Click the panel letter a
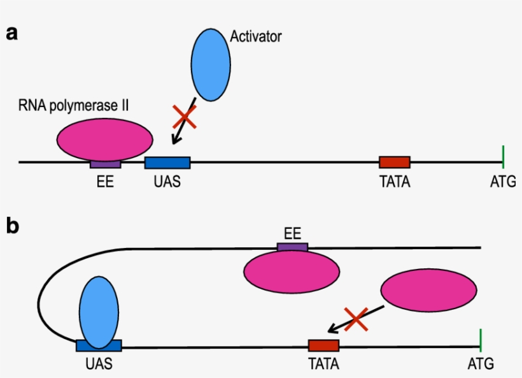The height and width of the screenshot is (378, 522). [x=11, y=33]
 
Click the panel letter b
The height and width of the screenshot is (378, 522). [x=12, y=226]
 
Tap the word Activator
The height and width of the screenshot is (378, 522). [x=255, y=36]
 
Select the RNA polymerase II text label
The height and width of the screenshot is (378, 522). [x=73, y=106]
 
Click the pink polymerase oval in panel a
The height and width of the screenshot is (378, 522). [x=105, y=138]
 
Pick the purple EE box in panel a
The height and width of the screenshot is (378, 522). [x=105, y=164]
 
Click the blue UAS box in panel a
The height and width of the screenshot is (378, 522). [x=167, y=163]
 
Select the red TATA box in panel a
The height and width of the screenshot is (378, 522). [x=395, y=162]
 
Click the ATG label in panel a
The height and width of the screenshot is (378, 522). [x=503, y=182]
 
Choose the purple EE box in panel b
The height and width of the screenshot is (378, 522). [x=292, y=247]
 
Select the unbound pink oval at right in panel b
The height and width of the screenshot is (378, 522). [x=428, y=290]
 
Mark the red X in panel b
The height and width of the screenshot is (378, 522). [x=356, y=319]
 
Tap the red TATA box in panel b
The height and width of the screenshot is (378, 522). [x=323, y=345]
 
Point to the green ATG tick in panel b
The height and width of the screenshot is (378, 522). [x=480, y=340]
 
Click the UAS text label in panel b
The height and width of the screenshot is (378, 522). [x=98, y=365]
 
